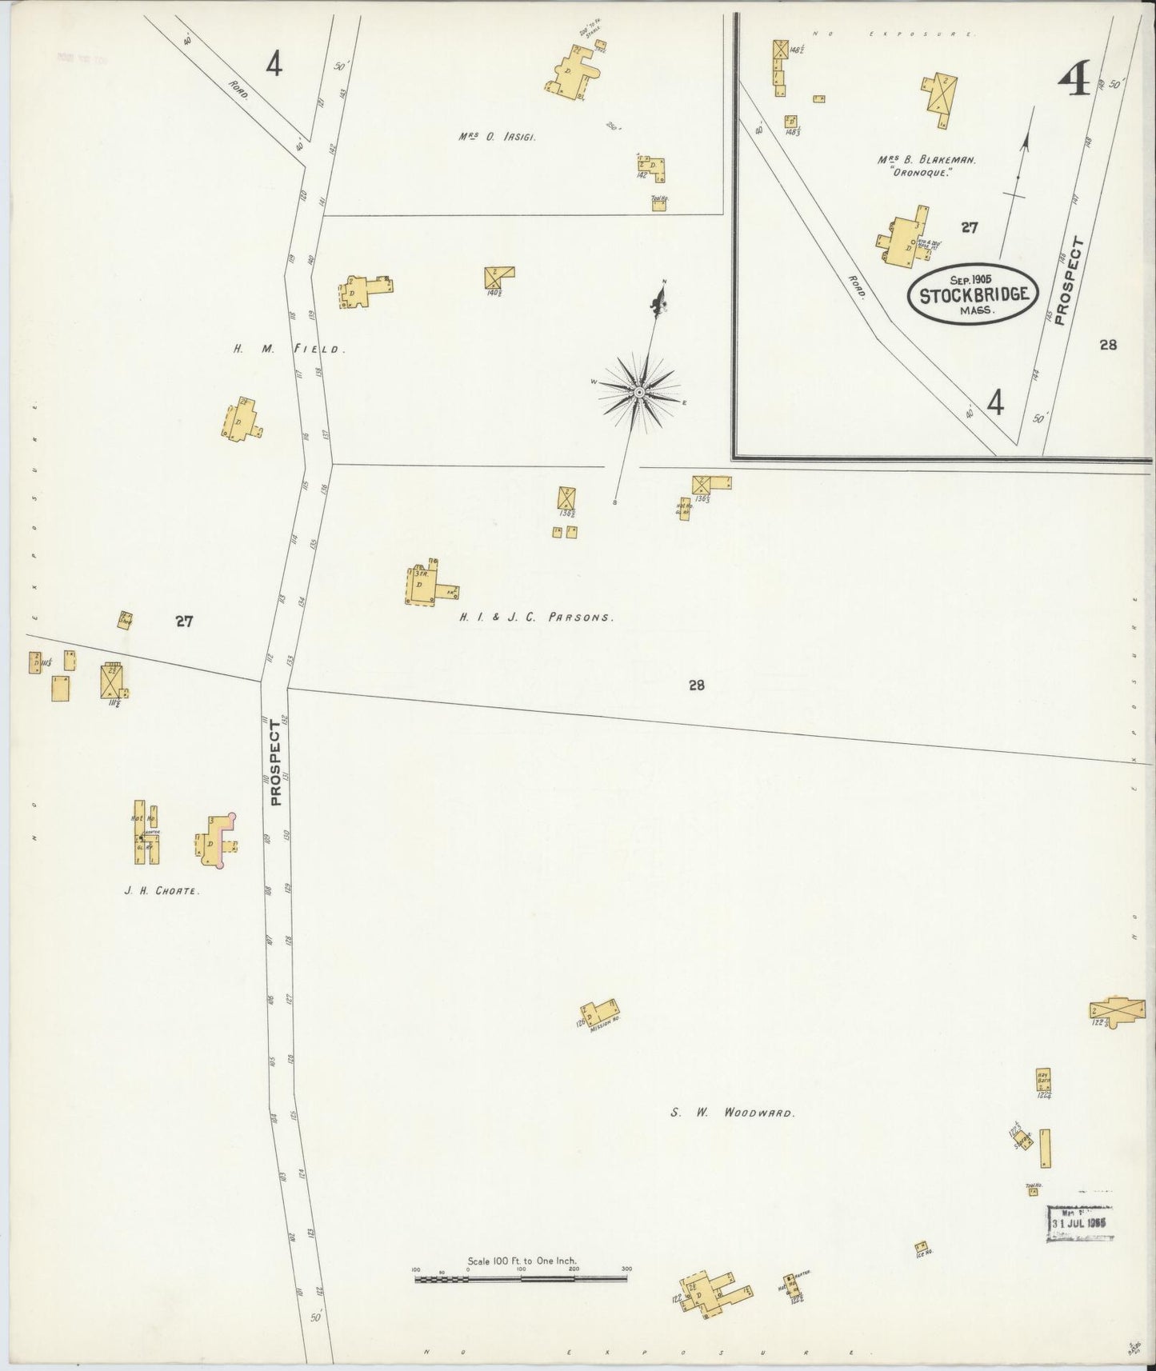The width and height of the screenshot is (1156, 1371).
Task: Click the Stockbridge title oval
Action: (x=973, y=294)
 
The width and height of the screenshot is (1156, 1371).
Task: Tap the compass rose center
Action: (x=639, y=392)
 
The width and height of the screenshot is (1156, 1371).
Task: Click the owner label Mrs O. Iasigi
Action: (x=496, y=137)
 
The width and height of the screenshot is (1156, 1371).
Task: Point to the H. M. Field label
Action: (x=289, y=349)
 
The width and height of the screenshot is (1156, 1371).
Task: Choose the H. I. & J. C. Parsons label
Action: (x=536, y=618)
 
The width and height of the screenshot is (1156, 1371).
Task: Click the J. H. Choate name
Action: (x=161, y=889)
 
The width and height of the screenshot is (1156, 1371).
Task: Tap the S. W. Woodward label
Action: (x=731, y=1113)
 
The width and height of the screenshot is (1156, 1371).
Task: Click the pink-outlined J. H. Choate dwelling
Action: (x=216, y=841)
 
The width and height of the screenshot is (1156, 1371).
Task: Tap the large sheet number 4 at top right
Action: (x=1074, y=82)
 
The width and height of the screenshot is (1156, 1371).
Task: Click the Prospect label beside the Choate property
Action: (x=276, y=762)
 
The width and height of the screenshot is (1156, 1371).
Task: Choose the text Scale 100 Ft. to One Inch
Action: (x=522, y=1261)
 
